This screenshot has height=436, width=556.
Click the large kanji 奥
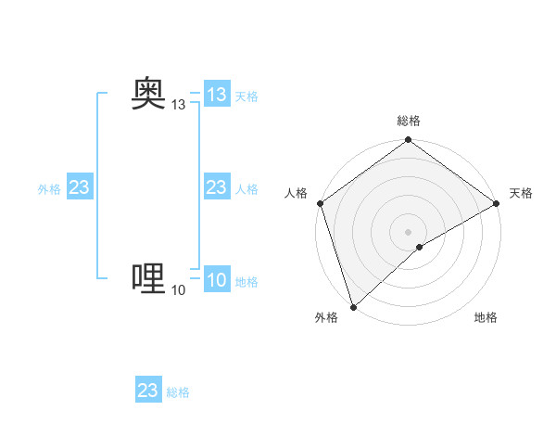coord(148,93)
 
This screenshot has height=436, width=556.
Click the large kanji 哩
coord(148,277)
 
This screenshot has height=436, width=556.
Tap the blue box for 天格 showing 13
coord(217,95)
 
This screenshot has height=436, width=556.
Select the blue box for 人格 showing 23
coord(217,188)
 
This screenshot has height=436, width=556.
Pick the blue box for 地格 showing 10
coord(217,281)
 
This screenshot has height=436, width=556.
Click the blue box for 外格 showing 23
coord(79,188)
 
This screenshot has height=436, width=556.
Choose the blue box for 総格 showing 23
coord(148,391)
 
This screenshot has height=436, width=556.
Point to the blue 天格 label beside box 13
coord(246,96)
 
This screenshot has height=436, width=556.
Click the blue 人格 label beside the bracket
coord(246,189)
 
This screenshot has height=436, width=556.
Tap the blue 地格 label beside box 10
coord(246,282)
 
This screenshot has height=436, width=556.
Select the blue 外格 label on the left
coord(49,189)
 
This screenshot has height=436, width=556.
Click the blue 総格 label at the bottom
coord(178,392)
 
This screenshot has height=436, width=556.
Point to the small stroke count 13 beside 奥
coord(179,106)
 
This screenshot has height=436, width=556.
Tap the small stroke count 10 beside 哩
coord(179,291)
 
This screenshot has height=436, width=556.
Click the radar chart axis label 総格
coord(409,121)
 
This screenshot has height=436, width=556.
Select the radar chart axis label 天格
coord(521,193)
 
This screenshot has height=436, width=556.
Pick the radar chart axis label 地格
coord(486,318)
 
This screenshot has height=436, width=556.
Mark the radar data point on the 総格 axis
coord(409,141)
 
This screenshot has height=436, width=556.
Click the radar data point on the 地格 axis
coord(420,247)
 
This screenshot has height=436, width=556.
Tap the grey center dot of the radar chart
coord(409,232)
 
